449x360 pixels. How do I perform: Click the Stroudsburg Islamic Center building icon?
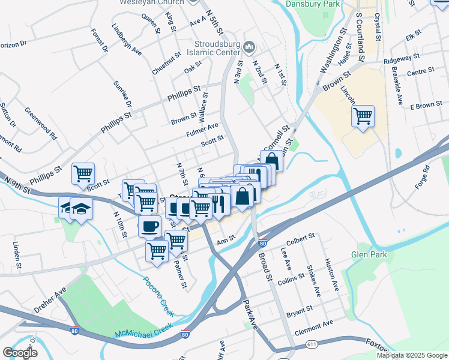pyautogui.click(x=251, y=46)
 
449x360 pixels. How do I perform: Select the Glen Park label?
pyautogui.click(x=369, y=254)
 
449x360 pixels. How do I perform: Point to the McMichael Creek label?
pyautogui.click(x=143, y=331)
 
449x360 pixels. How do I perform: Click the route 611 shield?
pyautogui.click(x=311, y=344)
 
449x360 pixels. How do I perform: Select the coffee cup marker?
pyautogui.click(x=149, y=226)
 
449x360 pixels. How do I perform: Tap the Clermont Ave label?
pyautogui.click(x=313, y=328)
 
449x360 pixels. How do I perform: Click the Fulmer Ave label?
pyautogui.click(x=202, y=129)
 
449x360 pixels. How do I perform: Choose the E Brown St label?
pyautogui.click(x=426, y=106)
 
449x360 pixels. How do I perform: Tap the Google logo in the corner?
pyautogui.click(x=20, y=353)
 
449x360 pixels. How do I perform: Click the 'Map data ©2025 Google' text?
pyautogui.click(x=411, y=355)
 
